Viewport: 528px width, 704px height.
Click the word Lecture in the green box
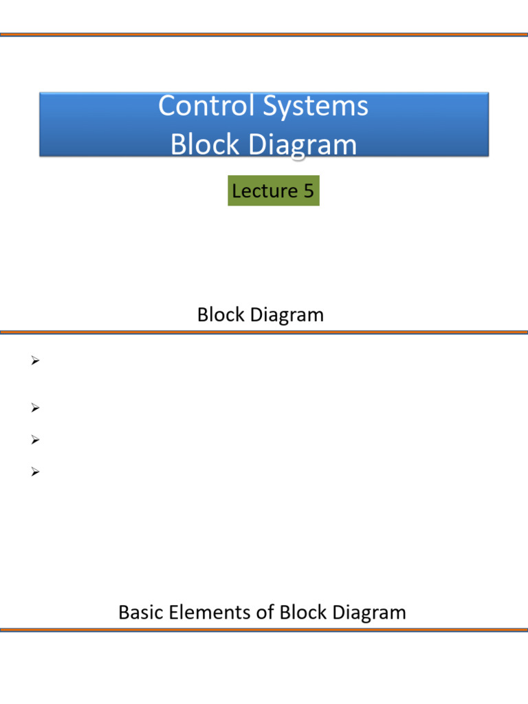tap(259, 190)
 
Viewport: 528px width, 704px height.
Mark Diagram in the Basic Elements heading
tap(368, 612)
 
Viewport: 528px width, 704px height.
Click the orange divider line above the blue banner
tap(264, 34)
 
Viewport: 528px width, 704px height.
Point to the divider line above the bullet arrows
tap(264, 332)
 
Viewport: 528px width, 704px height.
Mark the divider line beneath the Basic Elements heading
tap(264, 629)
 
